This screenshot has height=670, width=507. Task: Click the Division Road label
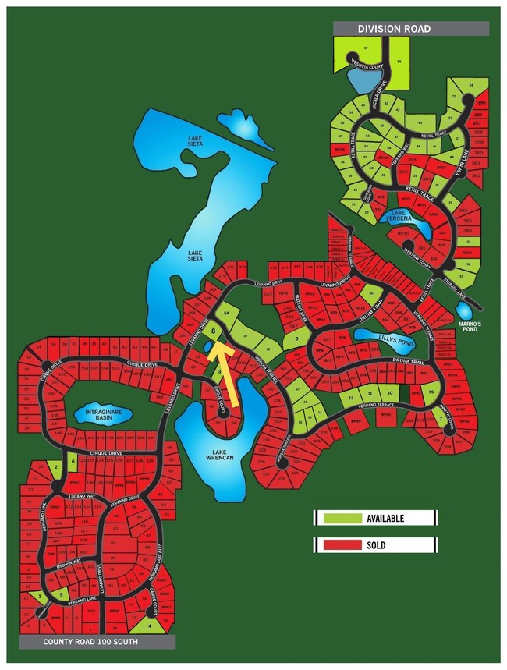pyautogui.click(x=394, y=29)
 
